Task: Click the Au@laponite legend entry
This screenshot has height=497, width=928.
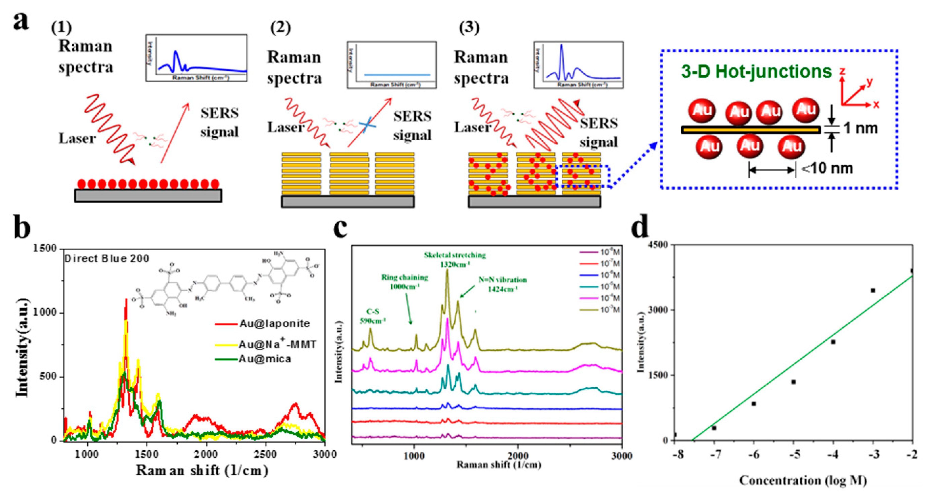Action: [x=274, y=323]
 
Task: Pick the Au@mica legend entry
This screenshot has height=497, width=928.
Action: [x=265, y=359]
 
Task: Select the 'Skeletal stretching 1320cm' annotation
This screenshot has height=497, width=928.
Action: [x=455, y=259]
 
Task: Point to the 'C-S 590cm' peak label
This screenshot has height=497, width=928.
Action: [x=373, y=316]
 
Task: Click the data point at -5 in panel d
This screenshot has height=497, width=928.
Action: [x=793, y=382]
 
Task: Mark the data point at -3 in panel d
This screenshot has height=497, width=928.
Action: [x=873, y=290]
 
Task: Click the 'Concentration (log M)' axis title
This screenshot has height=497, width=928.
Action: [x=803, y=480]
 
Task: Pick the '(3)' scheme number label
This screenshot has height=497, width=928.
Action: [x=469, y=28]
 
